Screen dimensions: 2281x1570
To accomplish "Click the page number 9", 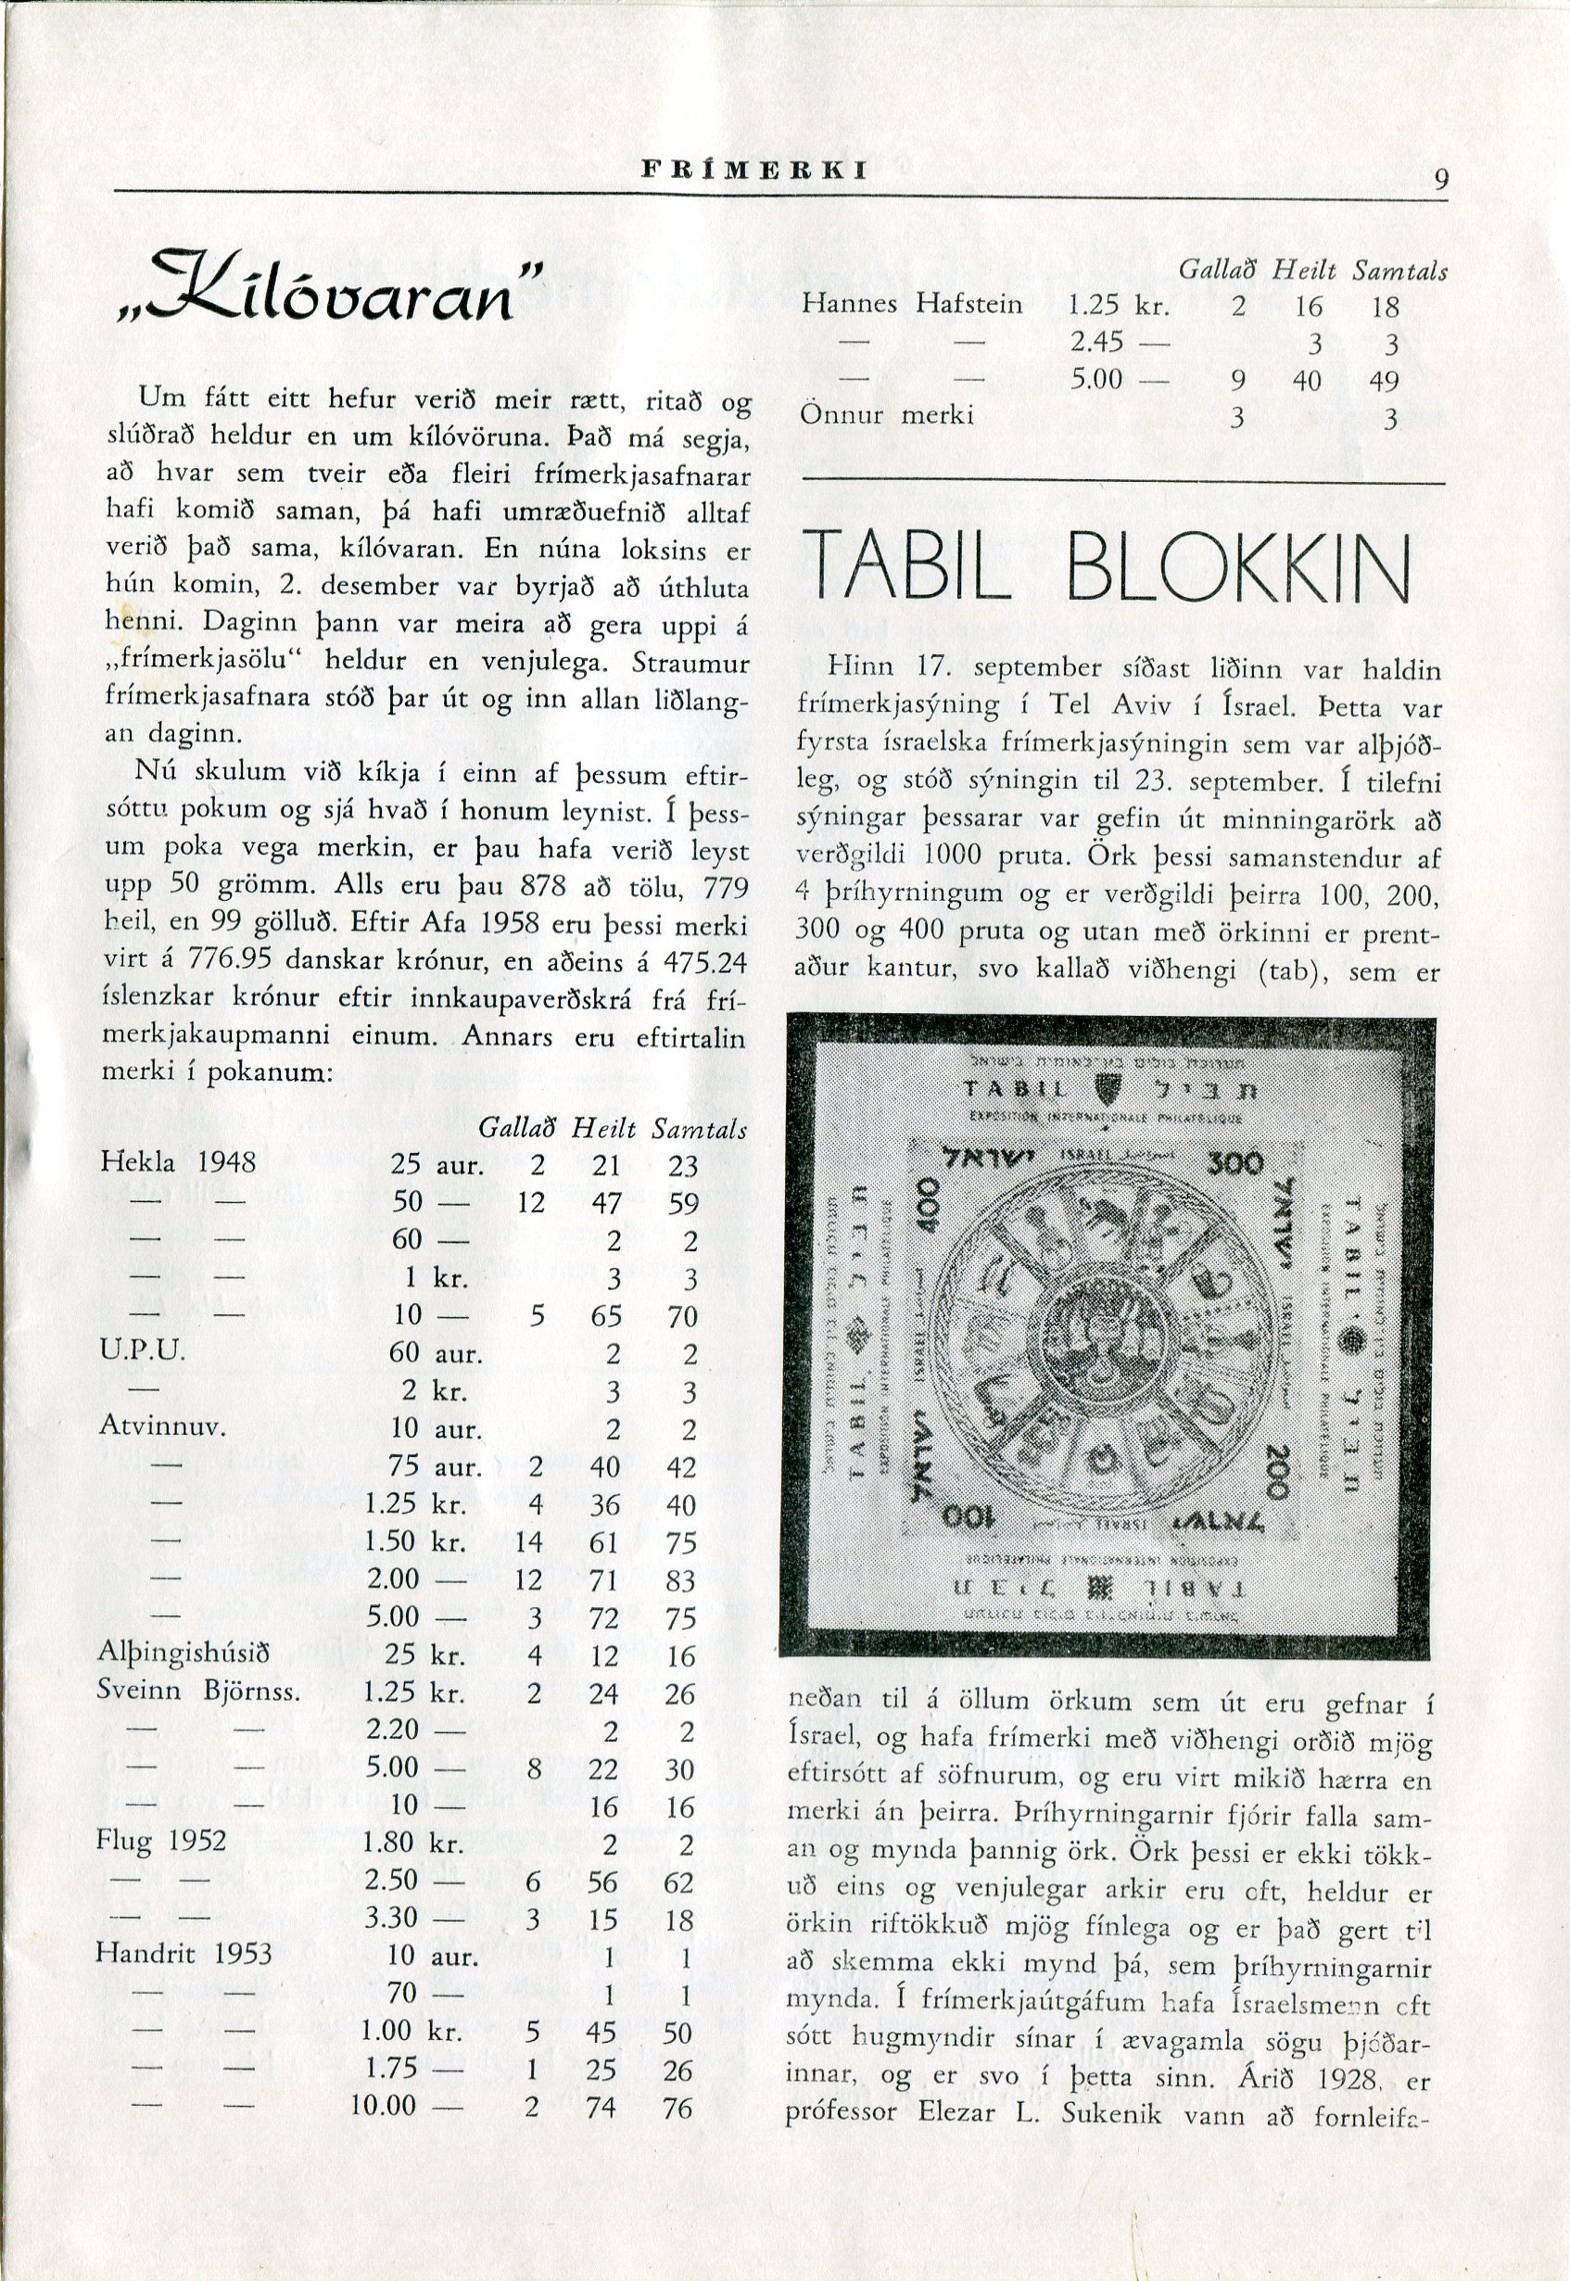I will (1441, 180).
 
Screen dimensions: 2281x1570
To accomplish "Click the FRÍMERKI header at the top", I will (753, 170).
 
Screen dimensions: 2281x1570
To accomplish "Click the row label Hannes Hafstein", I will (912, 305).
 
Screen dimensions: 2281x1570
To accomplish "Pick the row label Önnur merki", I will (886, 416).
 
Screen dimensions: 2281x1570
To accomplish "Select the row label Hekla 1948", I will (178, 1161).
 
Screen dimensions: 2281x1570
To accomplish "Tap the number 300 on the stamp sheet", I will (1233, 1163).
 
